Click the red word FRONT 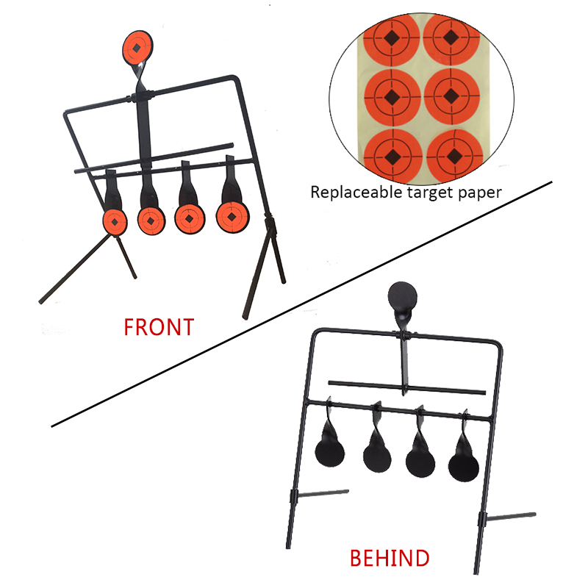coord(159,327)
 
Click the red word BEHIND coord(390,558)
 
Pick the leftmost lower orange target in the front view coord(115,222)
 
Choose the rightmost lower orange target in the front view coord(232,217)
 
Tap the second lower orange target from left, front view coord(151,221)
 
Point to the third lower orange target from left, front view coord(190,219)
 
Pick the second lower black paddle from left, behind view coord(377,452)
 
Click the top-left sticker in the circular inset coord(392,38)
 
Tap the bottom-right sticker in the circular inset coord(453,156)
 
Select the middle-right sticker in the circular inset coord(451,96)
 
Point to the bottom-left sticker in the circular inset coord(392,155)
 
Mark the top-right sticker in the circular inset coord(451,37)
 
